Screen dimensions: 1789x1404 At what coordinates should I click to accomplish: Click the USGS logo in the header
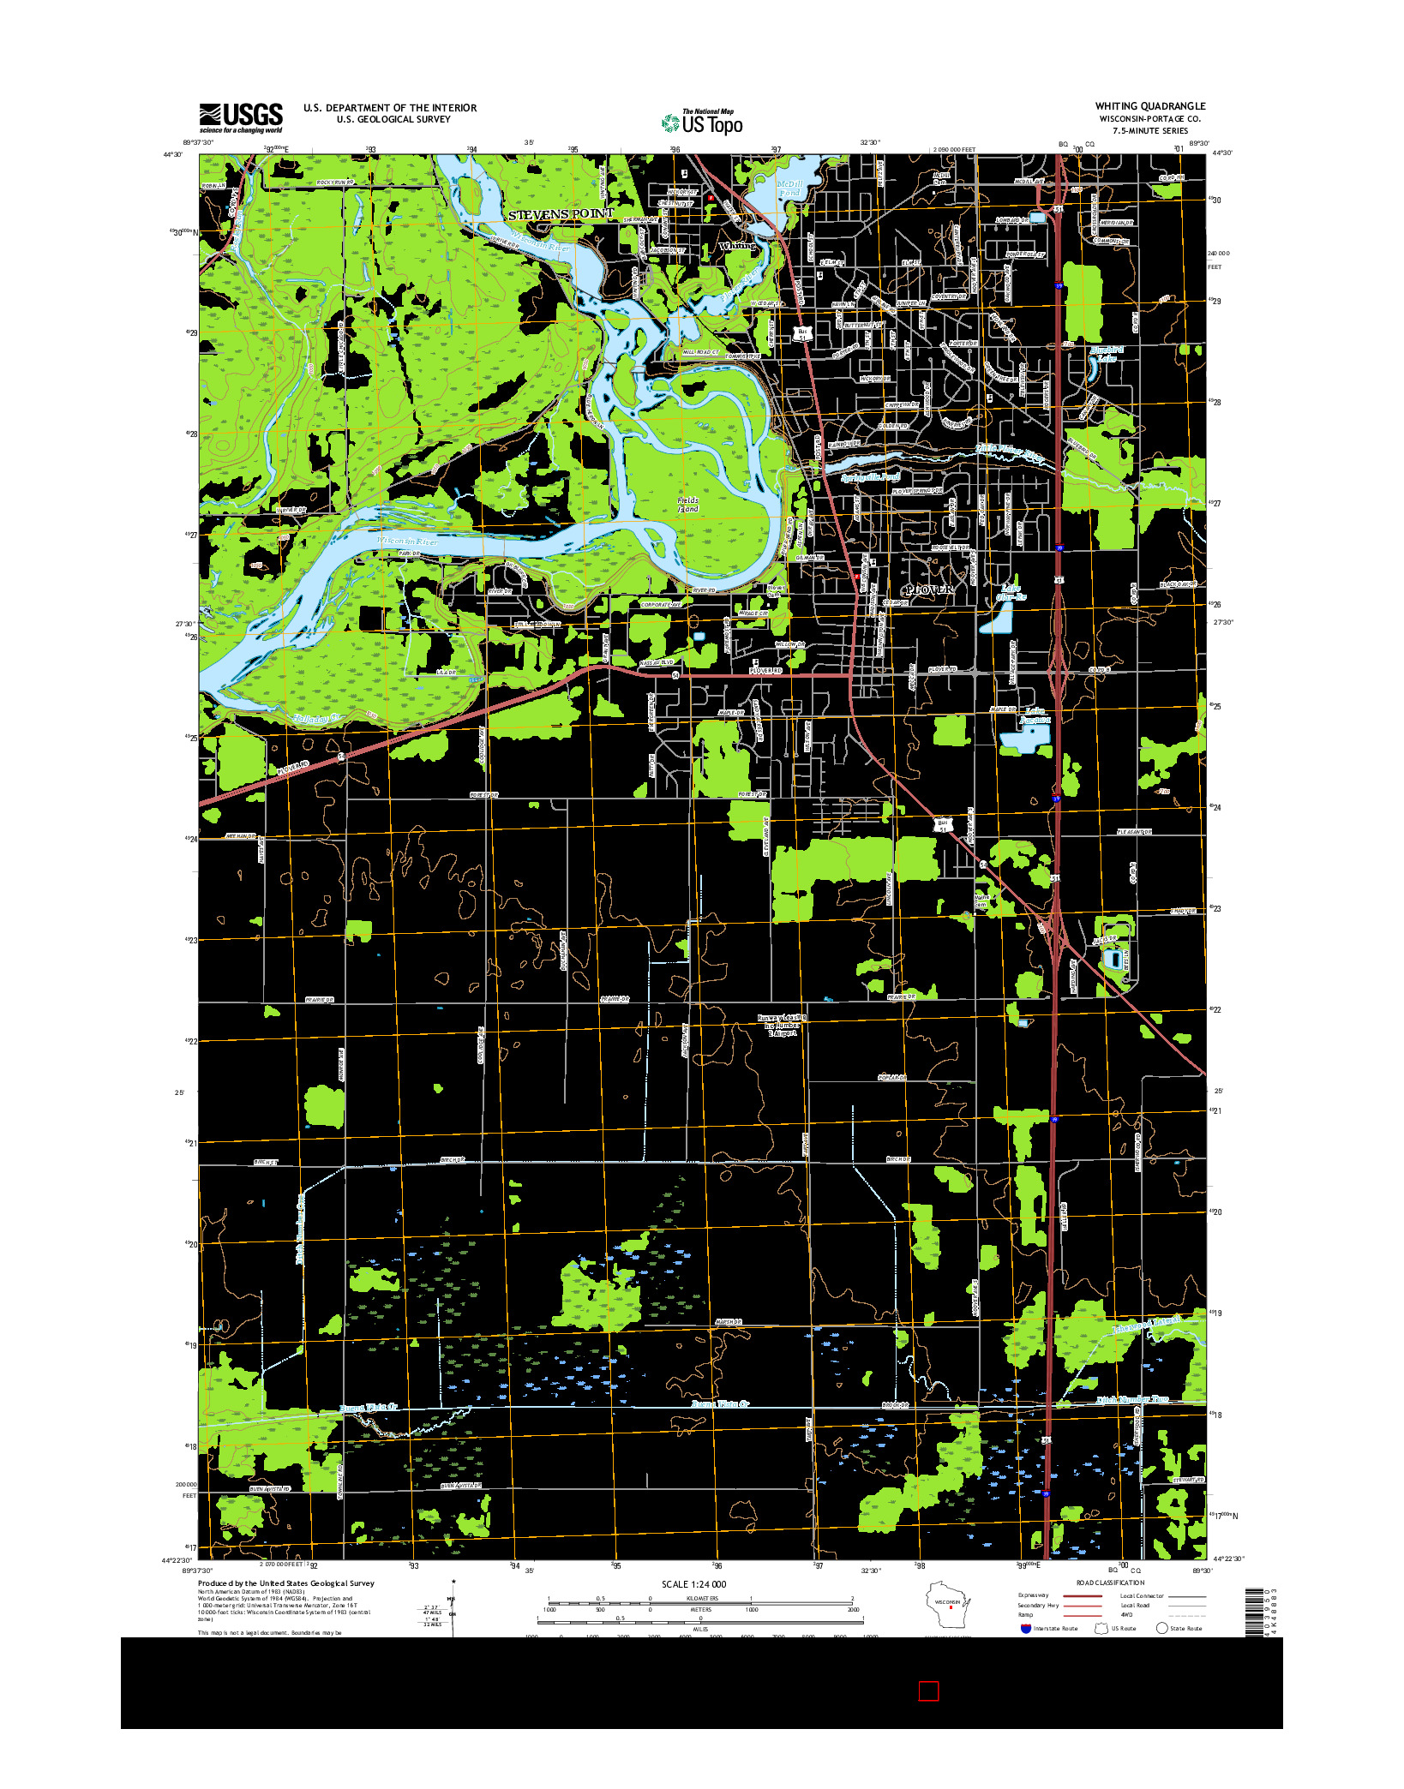tap(241, 118)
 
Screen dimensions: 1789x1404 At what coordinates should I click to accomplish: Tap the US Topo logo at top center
tap(703, 123)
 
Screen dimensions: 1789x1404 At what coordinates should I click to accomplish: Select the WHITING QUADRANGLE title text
tap(1149, 106)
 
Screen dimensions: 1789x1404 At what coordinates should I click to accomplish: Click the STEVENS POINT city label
tap(561, 213)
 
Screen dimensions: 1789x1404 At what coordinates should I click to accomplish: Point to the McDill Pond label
tap(789, 188)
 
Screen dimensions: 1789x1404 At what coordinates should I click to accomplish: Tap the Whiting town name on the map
tap(737, 246)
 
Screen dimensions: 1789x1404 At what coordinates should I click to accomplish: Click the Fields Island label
tap(688, 504)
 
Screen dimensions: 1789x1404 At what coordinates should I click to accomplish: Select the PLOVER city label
tap(928, 590)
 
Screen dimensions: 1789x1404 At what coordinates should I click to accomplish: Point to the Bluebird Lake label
tap(1106, 354)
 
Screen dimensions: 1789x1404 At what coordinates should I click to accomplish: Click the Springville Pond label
tap(870, 477)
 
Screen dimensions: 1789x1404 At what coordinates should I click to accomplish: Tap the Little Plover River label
tap(1011, 453)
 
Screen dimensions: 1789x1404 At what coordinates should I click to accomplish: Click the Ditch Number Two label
tap(1132, 1399)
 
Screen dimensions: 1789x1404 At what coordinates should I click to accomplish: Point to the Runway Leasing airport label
tap(781, 1026)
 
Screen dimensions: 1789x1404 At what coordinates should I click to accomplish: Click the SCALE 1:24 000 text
tap(693, 1584)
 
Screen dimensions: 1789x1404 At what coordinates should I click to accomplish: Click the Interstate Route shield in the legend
tap(1025, 1628)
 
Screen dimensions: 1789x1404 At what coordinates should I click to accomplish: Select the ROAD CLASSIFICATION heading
tap(1110, 1583)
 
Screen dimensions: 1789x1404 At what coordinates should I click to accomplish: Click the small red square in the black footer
tap(928, 1690)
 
